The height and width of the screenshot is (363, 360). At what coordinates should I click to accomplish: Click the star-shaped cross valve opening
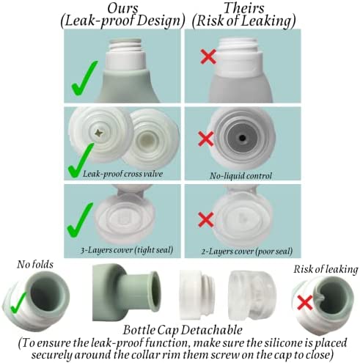99,133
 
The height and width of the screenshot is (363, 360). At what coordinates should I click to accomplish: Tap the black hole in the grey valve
242,138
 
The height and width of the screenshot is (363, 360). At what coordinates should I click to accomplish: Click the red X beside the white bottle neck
208,56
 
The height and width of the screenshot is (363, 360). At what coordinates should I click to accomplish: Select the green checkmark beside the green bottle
84,78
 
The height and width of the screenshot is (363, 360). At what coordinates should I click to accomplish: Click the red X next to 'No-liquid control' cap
206,139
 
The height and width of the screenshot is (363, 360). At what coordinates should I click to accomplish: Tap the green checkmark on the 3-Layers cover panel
80,220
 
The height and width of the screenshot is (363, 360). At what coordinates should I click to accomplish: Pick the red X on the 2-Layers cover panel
206,219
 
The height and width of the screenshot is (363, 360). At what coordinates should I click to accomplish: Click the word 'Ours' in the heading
122,8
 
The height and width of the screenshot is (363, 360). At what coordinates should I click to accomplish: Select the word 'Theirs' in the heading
243,8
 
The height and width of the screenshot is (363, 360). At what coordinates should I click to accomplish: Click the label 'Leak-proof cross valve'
122,174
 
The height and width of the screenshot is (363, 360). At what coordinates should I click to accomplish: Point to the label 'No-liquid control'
240,176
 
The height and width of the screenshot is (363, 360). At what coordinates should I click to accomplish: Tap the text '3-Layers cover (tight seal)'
127,250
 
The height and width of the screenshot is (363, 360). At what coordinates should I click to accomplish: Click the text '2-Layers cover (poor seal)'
247,252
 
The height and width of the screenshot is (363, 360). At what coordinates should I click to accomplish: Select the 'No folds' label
35,265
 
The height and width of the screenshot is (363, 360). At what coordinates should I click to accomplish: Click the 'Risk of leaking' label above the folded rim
326,269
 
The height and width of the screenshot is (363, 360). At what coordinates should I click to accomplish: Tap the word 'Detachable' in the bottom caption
212,330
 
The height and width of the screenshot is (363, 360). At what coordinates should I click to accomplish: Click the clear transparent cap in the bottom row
252,296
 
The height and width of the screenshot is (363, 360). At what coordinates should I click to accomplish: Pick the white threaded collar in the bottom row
197,295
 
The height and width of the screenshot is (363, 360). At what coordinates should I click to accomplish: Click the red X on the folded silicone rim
305,302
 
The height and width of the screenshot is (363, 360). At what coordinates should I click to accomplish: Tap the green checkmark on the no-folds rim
18,303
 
